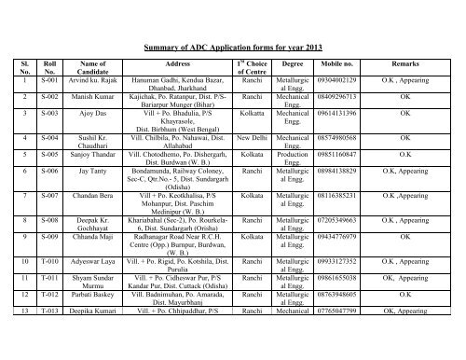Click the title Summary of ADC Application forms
232,43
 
